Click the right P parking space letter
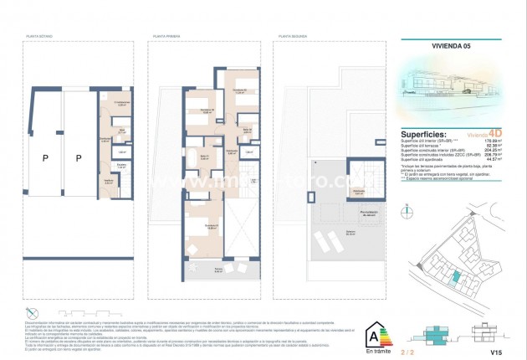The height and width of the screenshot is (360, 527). click(78, 157)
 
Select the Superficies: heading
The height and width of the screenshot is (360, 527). click(429, 134)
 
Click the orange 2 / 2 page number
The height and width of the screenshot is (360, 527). click(454, 354)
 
